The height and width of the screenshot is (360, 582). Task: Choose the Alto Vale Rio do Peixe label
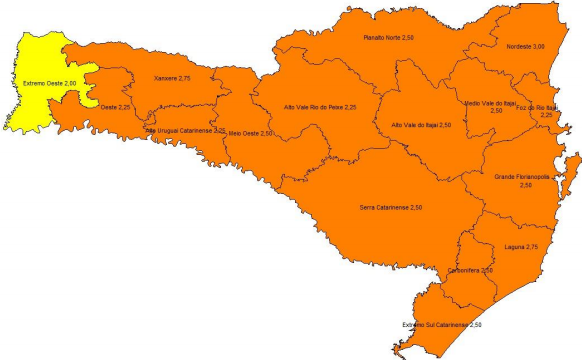(x=320, y=106)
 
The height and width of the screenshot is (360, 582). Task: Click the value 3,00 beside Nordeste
(x=539, y=46)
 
